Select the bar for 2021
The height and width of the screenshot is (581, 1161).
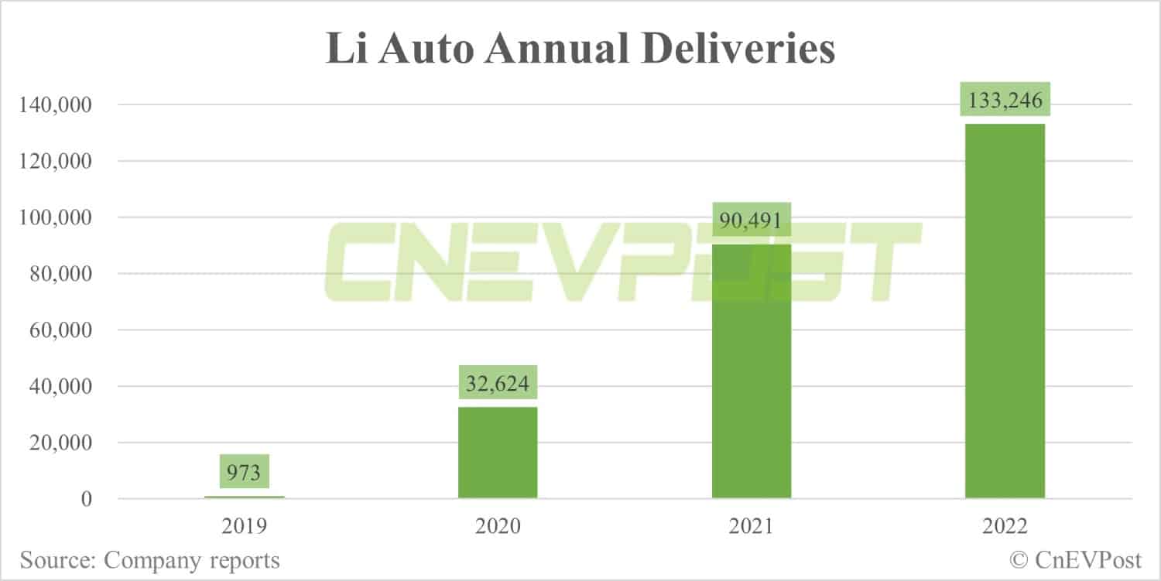pos(751,371)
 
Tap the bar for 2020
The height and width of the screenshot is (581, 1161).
pos(498,453)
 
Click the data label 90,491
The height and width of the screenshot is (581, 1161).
pos(751,219)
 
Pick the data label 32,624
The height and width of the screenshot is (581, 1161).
pos(498,382)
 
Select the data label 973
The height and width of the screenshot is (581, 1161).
pos(245,471)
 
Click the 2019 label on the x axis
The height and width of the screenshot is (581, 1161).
pos(245,527)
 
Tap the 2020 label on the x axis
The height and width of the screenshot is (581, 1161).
pos(498,527)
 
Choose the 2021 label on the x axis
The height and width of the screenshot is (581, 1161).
pos(751,527)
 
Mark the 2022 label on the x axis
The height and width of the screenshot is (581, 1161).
pos(1005,527)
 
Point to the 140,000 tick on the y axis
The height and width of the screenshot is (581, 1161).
pos(53,105)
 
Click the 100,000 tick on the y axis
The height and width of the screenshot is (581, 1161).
pos(53,218)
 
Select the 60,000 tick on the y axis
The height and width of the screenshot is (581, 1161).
pos(59,330)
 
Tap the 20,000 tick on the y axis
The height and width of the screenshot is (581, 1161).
pos(59,443)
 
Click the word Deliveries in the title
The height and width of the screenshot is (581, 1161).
pos(721,49)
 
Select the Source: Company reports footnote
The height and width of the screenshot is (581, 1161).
pos(150,559)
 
